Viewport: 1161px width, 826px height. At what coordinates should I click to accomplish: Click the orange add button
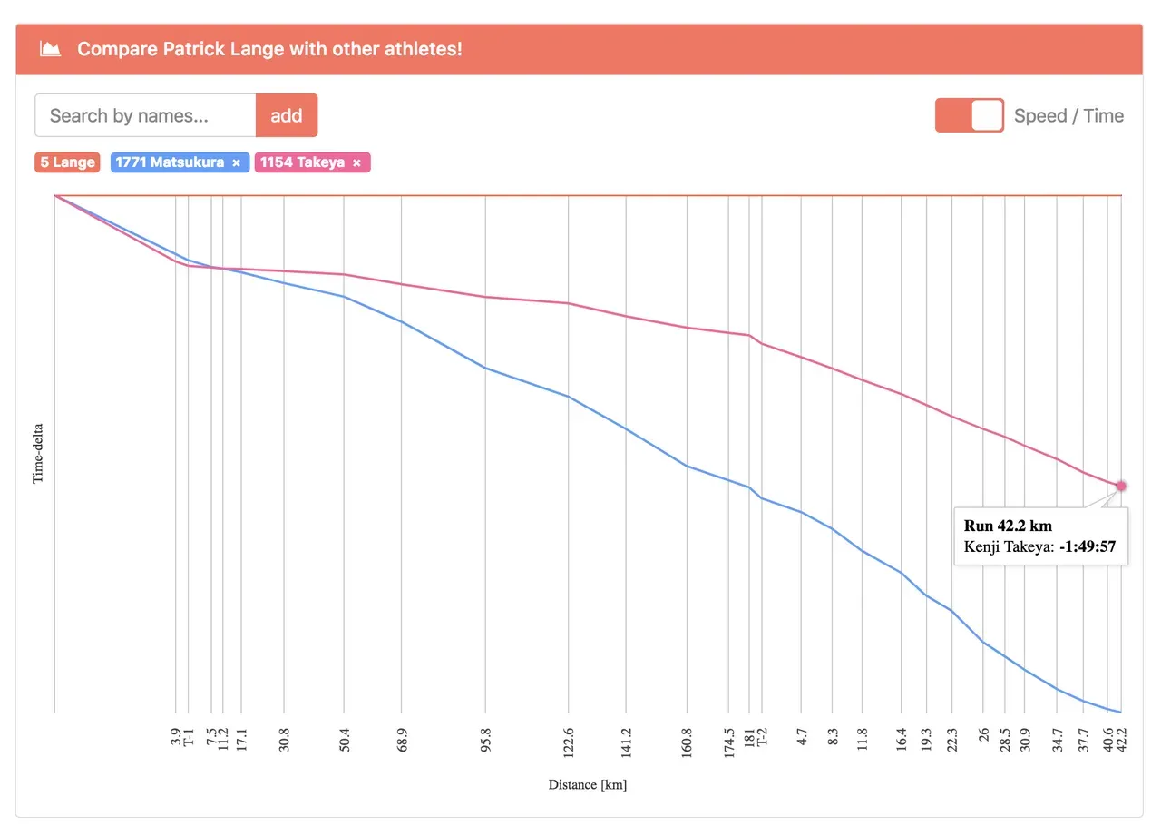point(287,115)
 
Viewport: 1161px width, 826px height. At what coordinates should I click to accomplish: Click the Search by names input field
point(145,115)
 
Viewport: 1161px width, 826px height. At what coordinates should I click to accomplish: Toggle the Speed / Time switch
point(969,115)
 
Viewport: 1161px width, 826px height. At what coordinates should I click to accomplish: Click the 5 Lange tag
point(67,162)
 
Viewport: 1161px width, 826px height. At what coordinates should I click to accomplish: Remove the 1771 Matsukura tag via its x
point(237,163)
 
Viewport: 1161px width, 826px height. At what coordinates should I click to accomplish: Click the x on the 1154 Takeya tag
point(356,163)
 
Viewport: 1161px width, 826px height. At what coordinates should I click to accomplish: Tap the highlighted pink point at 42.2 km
point(1121,486)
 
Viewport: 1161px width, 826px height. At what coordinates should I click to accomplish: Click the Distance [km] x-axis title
point(587,784)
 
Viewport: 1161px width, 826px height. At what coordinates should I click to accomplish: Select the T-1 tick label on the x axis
point(189,736)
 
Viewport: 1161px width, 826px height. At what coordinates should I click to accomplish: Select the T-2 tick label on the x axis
point(762,736)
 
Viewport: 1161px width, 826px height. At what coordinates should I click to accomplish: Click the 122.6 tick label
point(569,742)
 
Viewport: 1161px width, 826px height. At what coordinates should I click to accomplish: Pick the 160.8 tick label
point(687,742)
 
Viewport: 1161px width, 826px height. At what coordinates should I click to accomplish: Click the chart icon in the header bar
point(51,49)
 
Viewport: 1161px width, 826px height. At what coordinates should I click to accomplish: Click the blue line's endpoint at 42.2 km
point(1121,713)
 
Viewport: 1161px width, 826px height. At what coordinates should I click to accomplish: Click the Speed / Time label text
point(1068,115)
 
